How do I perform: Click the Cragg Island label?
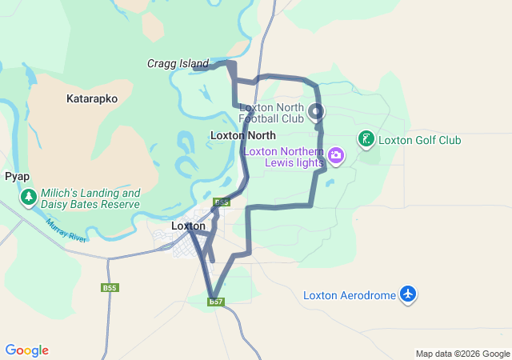click(x=177, y=63)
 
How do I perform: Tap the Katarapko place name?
click(x=92, y=99)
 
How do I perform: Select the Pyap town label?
click(x=17, y=175)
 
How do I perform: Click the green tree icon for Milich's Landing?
click(x=28, y=197)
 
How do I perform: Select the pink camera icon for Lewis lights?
click(x=336, y=154)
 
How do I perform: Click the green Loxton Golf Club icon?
click(x=366, y=140)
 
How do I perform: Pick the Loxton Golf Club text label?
click(x=419, y=140)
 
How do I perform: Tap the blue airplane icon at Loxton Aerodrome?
click(x=409, y=294)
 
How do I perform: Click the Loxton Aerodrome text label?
click(x=350, y=295)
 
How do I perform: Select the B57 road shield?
click(x=216, y=302)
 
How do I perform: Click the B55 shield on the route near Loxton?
click(x=222, y=202)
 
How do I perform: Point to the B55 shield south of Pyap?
click(x=110, y=287)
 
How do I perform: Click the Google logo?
click(x=26, y=350)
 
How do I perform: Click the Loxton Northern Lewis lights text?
click(x=283, y=157)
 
